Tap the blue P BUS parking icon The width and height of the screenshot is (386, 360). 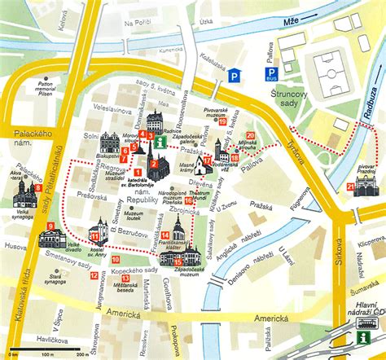click(x=270, y=75)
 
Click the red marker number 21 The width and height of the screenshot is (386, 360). click(x=350, y=187)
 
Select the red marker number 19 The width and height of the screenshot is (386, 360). click(x=222, y=121)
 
